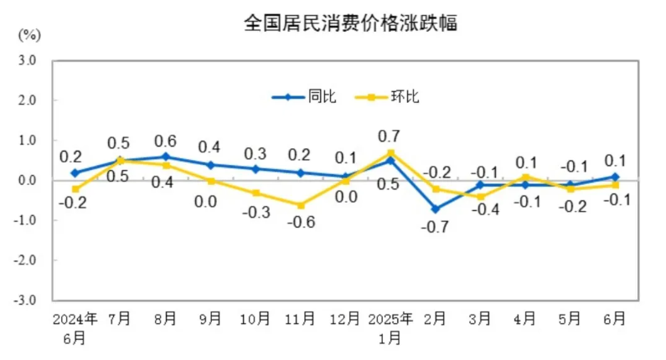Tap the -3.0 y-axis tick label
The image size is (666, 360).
[24, 300]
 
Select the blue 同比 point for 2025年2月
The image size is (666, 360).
[436, 208]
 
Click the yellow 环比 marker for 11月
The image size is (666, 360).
[300, 204]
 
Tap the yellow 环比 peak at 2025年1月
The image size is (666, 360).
[390, 152]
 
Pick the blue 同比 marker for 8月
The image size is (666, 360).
[165, 157]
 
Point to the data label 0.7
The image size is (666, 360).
[389, 136]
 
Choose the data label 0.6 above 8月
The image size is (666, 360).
[165, 140]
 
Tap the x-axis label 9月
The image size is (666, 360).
[210, 319]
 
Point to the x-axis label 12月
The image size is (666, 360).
[344, 319]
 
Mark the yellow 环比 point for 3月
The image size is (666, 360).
[481, 197]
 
